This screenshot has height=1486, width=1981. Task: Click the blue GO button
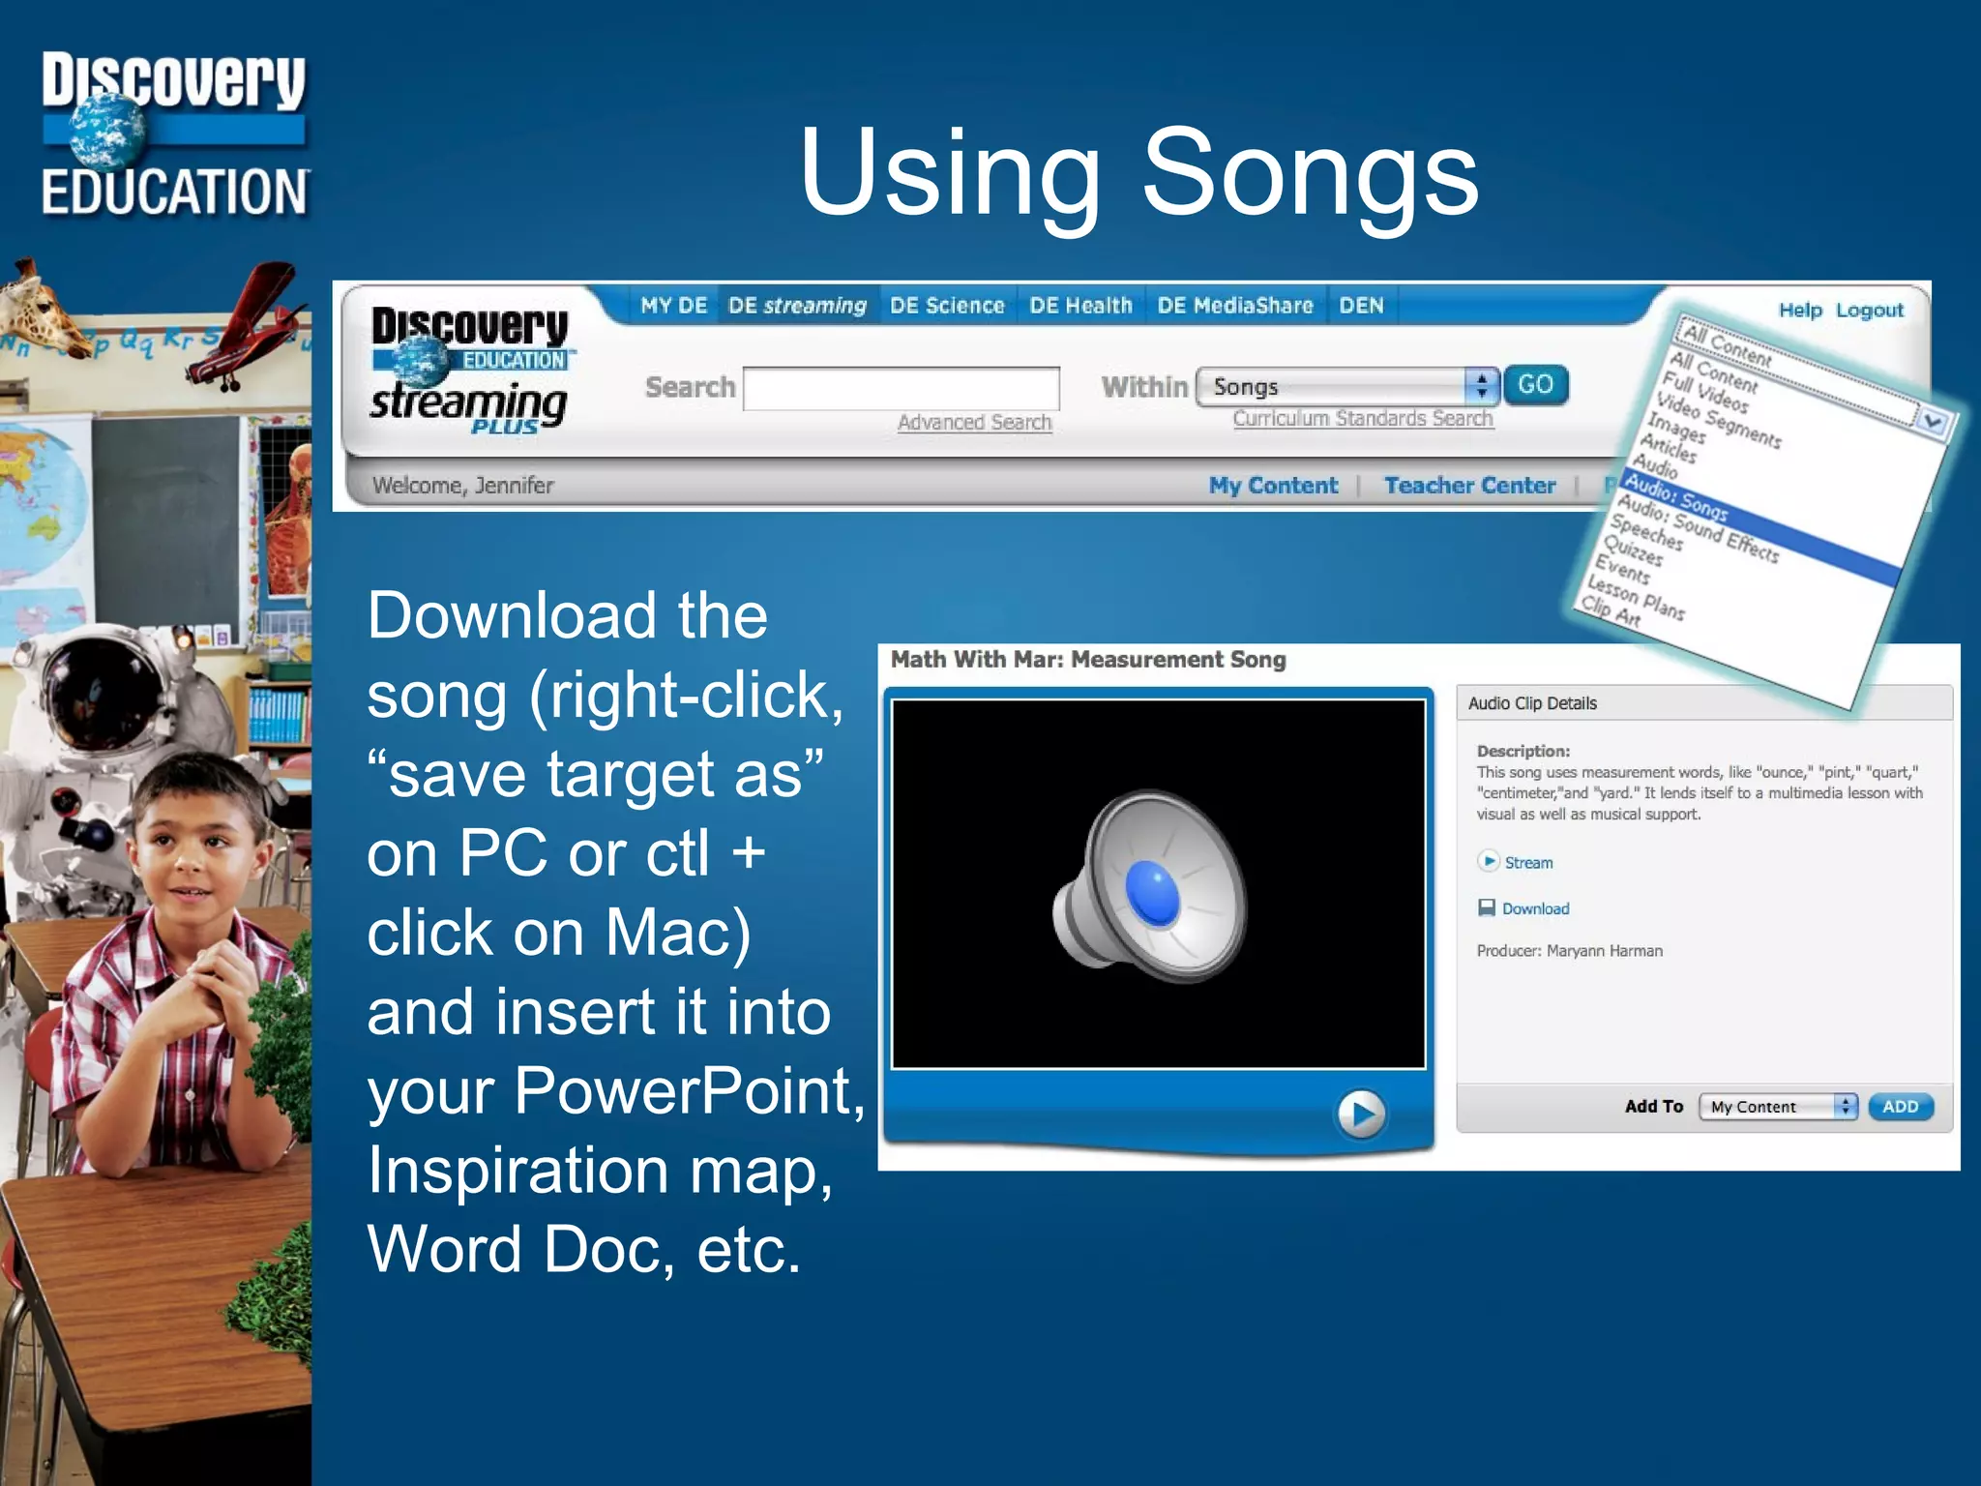pos(1534,385)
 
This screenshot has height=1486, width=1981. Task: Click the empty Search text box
pos(901,388)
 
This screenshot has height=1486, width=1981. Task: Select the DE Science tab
pos(947,306)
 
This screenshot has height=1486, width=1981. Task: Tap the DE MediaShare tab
pos(1234,306)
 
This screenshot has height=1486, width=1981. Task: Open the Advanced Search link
pos(973,423)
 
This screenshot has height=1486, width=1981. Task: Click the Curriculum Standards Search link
pos(1362,419)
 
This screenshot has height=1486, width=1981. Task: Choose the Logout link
pos(1869,311)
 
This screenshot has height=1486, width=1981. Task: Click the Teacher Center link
pos(1469,486)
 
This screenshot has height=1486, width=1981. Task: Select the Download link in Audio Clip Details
pos(1535,908)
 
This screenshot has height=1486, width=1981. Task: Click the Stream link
pos(1527,863)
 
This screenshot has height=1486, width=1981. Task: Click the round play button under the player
pos(1361,1114)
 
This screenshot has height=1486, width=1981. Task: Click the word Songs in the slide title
pos(1310,174)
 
